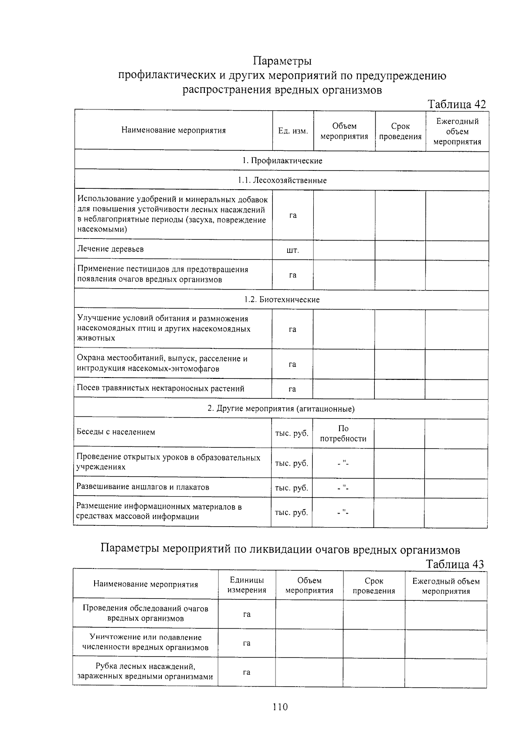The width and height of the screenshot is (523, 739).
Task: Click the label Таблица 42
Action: point(456,104)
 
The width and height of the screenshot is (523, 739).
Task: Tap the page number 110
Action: point(280,707)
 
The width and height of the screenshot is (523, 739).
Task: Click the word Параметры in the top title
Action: point(282,60)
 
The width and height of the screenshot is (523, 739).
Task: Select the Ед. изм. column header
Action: point(293,131)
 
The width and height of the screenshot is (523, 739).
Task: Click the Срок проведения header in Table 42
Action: point(400,131)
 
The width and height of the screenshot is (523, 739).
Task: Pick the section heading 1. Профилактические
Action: point(282,160)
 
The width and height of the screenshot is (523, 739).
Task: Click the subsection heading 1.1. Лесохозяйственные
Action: point(282,180)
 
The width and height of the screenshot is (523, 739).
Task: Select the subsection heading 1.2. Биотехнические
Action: point(282,300)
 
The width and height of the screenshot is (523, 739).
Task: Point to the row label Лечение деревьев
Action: point(110,249)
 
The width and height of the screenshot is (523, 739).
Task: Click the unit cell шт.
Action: point(292,250)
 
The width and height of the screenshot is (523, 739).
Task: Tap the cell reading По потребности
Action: point(343,433)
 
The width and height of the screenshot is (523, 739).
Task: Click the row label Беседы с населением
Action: point(116,432)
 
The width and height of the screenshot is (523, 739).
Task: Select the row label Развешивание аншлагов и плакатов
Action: point(143,487)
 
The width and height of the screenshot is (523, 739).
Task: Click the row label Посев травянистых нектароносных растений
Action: point(160,388)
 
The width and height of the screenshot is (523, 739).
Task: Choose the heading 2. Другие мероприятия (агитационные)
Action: point(281,409)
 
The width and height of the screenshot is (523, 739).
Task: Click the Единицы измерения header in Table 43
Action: point(247,585)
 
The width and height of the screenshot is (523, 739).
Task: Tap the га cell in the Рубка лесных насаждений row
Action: point(247,672)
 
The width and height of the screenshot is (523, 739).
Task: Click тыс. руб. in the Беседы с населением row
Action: point(292,433)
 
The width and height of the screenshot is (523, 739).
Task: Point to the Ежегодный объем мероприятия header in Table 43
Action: point(446,586)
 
